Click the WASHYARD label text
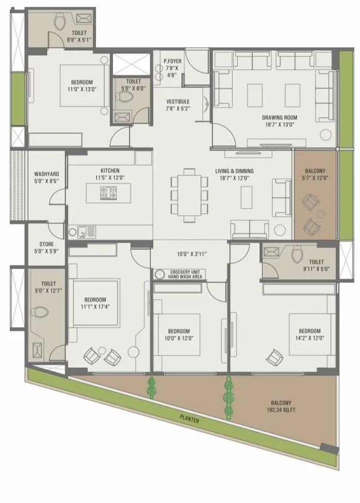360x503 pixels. click(46, 174)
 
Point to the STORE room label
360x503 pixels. click(47, 244)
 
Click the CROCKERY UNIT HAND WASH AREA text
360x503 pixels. click(186, 274)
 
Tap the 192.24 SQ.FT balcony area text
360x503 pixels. click(280, 410)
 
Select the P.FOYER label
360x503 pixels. click(171, 61)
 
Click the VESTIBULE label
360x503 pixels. click(178, 101)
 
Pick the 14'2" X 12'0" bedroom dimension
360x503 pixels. click(309, 338)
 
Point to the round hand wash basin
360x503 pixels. click(160, 274)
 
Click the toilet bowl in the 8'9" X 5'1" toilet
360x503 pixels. click(59, 21)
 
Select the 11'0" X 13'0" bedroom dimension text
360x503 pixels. click(82, 89)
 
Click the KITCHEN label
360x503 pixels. click(110, 170)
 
